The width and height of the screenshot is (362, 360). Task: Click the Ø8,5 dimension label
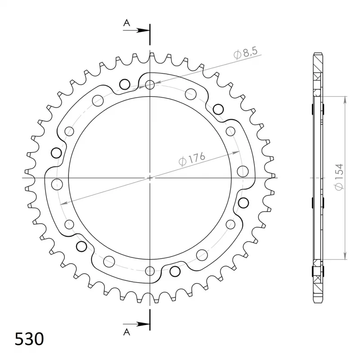[246, 53]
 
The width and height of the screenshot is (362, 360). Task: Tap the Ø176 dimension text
[192, 159]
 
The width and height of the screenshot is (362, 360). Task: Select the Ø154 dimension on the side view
[339, 177]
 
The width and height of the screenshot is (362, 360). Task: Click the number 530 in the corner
[29, 339]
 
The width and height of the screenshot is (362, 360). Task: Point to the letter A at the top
[127, 23]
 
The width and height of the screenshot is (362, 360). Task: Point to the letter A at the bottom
[127, 332]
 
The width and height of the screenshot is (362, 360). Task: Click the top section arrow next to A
[136, 30]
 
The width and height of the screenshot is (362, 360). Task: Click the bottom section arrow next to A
[136, 324]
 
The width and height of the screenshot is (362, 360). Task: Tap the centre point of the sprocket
[150, 178]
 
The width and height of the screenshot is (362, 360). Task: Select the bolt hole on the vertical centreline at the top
[150, 85]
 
